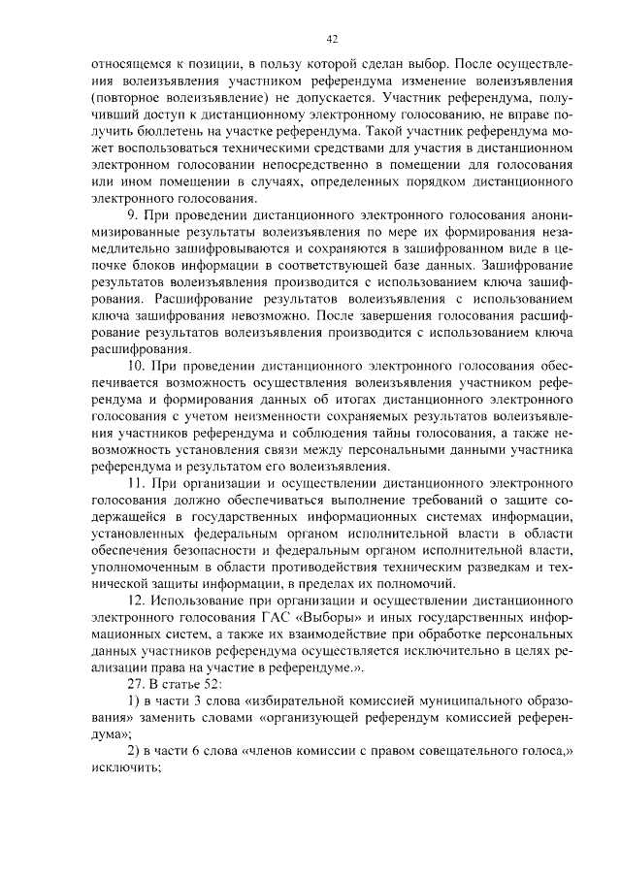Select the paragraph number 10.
tap(136, 366)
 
